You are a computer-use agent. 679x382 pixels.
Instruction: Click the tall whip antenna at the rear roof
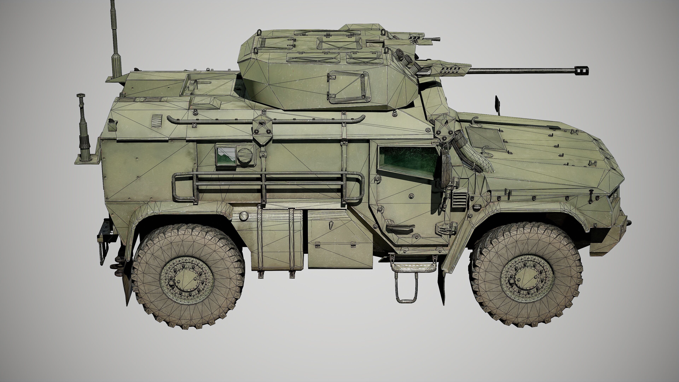(x=115, y=40)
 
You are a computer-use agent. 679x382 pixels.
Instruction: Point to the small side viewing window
(x=226, y=156)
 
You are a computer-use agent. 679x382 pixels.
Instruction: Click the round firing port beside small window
(x=245, y=156)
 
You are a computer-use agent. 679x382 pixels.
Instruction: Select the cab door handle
(x=400, y=227)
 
